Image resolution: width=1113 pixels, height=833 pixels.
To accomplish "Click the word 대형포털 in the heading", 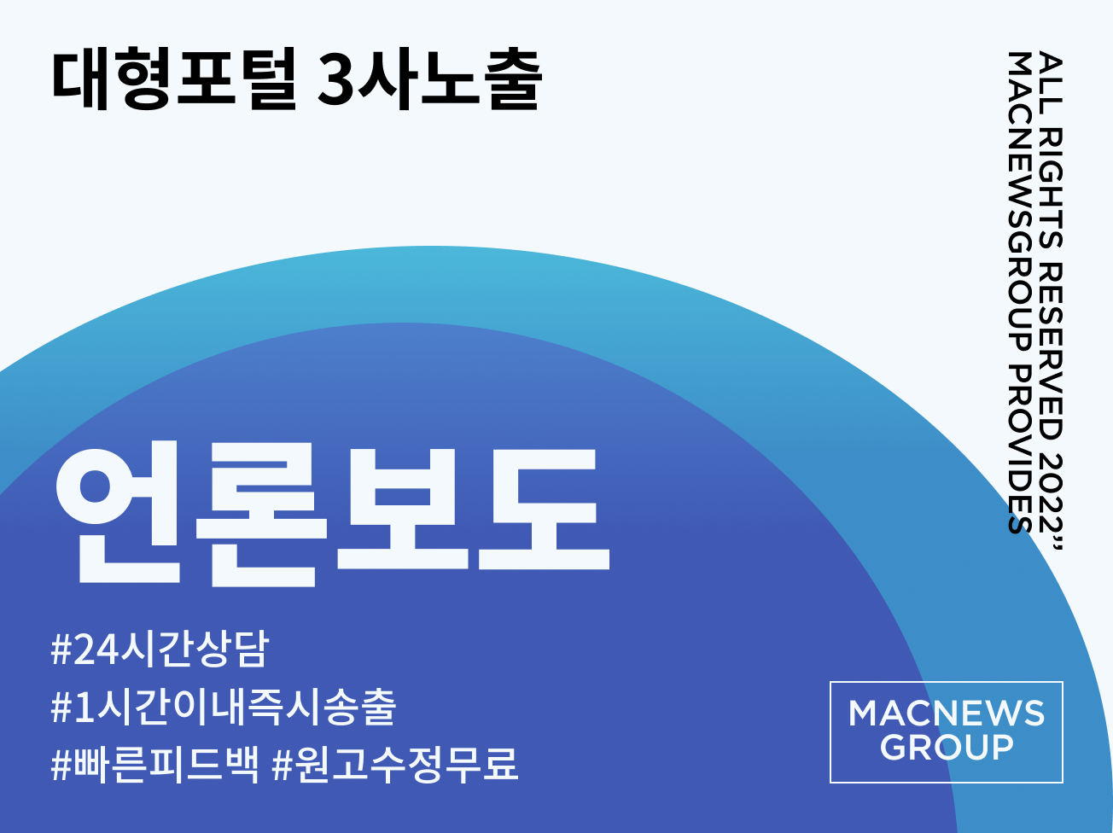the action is pyautogui.click(x=173, y=78).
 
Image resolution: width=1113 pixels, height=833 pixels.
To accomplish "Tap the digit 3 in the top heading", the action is pyautogui.click(x=336, y=79).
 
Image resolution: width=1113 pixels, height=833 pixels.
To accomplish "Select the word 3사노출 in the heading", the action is pyautogui.click(x=430, y=78).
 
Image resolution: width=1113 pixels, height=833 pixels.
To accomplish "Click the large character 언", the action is pyautogui.click(x=118, y=512).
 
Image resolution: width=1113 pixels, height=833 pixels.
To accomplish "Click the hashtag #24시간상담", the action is pyautogui.click(x=160, y=649).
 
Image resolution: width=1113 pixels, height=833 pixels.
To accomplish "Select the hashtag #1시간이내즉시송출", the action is pyautogui.click(x=223, y=707).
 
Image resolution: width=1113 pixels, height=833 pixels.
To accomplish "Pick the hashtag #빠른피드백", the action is pyautogui.click(x=155, y=765).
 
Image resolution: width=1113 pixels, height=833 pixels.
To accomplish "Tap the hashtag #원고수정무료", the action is pyautogui.click(x=394, y=765).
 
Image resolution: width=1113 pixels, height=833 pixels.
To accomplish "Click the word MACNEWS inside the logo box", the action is pyautogui.click(x=947, y=714).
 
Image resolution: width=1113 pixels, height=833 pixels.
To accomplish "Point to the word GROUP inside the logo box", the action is pyautogui.click(x=947, y=748).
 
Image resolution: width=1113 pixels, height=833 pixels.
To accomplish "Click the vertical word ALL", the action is pyautogui.click(x=1050, y=84).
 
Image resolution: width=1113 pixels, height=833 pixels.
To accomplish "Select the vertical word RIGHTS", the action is pyautogui.click(x=1050, y=189).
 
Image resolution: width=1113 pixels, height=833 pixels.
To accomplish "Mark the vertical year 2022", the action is pyautogui.click(x=1050, y=492).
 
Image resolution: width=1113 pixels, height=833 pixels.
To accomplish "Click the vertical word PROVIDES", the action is pyautogui.click(x=1020, y=449).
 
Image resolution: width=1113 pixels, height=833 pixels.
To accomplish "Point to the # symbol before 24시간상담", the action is pyautogui.click(x=61, y=650).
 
